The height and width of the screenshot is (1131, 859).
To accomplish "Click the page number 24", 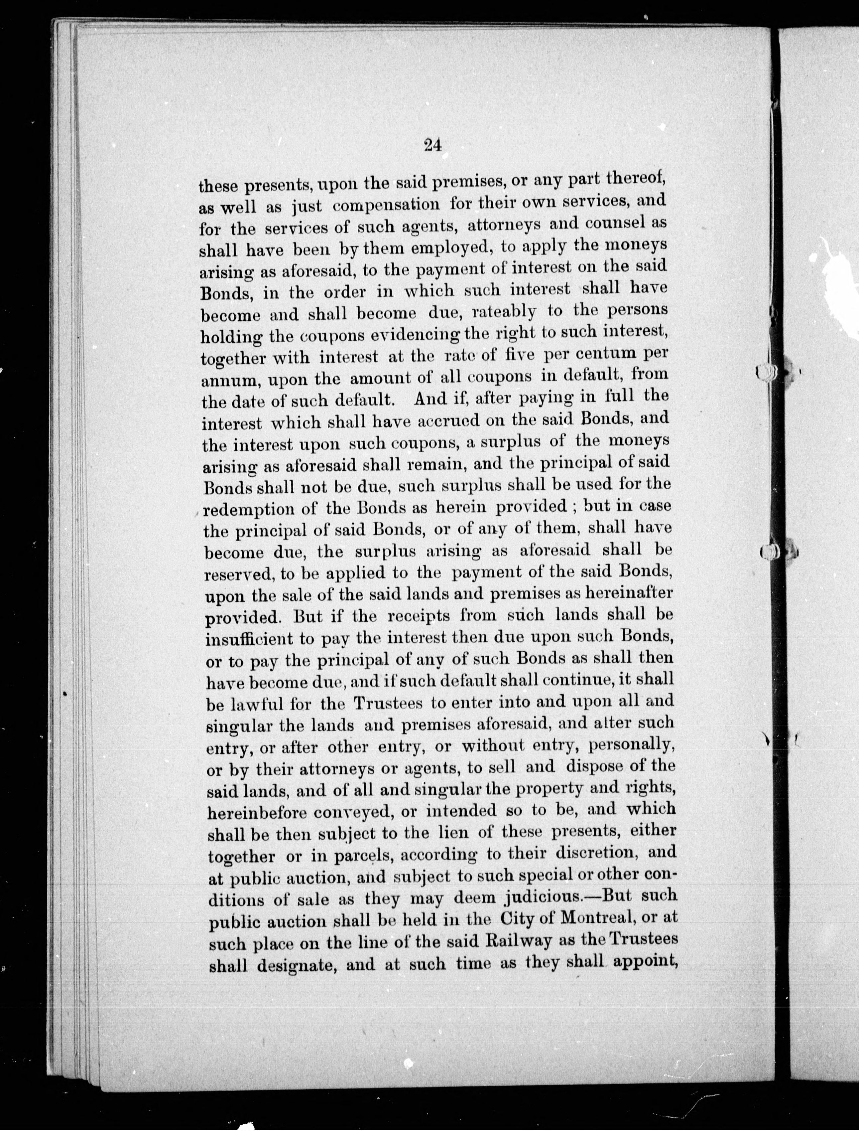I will click(x=432, y=145).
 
